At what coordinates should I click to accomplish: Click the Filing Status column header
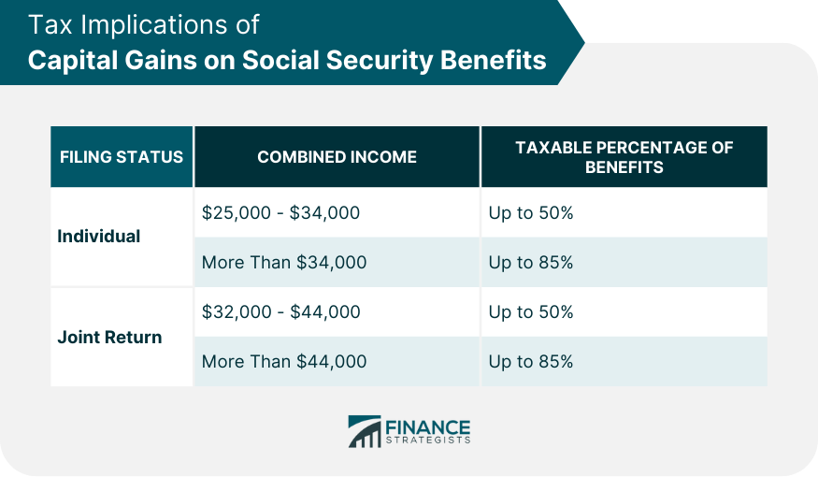(x=122, y=157)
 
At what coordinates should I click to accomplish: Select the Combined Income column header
(x=337, y=157)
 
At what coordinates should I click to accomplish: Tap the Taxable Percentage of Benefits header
(x=624, y=157)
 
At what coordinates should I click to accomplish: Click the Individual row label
(x=98, y=237)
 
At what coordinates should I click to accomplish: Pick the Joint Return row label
(x=109, y=337)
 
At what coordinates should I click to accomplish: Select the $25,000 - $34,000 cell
(x=280, y=213)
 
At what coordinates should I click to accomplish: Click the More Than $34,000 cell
(x=284, y=263)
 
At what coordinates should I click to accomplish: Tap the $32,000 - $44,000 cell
(x=280, y=312)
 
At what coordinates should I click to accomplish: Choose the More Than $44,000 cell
(x=284, y=361)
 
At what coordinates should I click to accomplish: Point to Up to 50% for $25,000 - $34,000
(x=530, y=213)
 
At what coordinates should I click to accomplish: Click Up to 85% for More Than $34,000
(x=530, y=263)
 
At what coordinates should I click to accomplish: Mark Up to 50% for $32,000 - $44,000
(x=530, y=312)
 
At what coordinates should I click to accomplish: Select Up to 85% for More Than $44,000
(x=530, y=361)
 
